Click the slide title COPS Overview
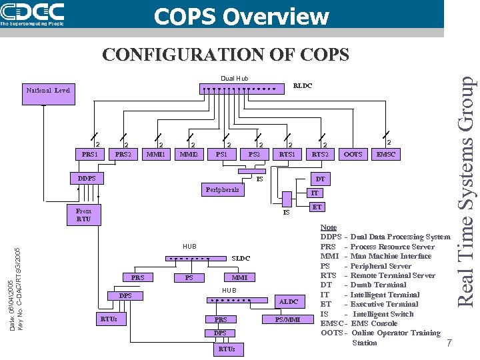(241, 16)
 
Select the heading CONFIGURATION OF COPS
(225, 54)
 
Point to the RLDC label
(302, 86)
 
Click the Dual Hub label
(234, 79)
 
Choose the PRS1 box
(89, 155)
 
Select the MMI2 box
(189, 155)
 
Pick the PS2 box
(254, 155)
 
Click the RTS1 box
(288, 155)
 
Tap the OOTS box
(353, 155)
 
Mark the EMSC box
(386, 155)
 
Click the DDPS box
(87, 178)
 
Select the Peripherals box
(222, 190)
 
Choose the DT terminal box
(320, 179)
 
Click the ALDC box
(288, 302)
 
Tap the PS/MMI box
(288, 319)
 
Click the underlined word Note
(329, 227)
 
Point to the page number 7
(449, 343)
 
